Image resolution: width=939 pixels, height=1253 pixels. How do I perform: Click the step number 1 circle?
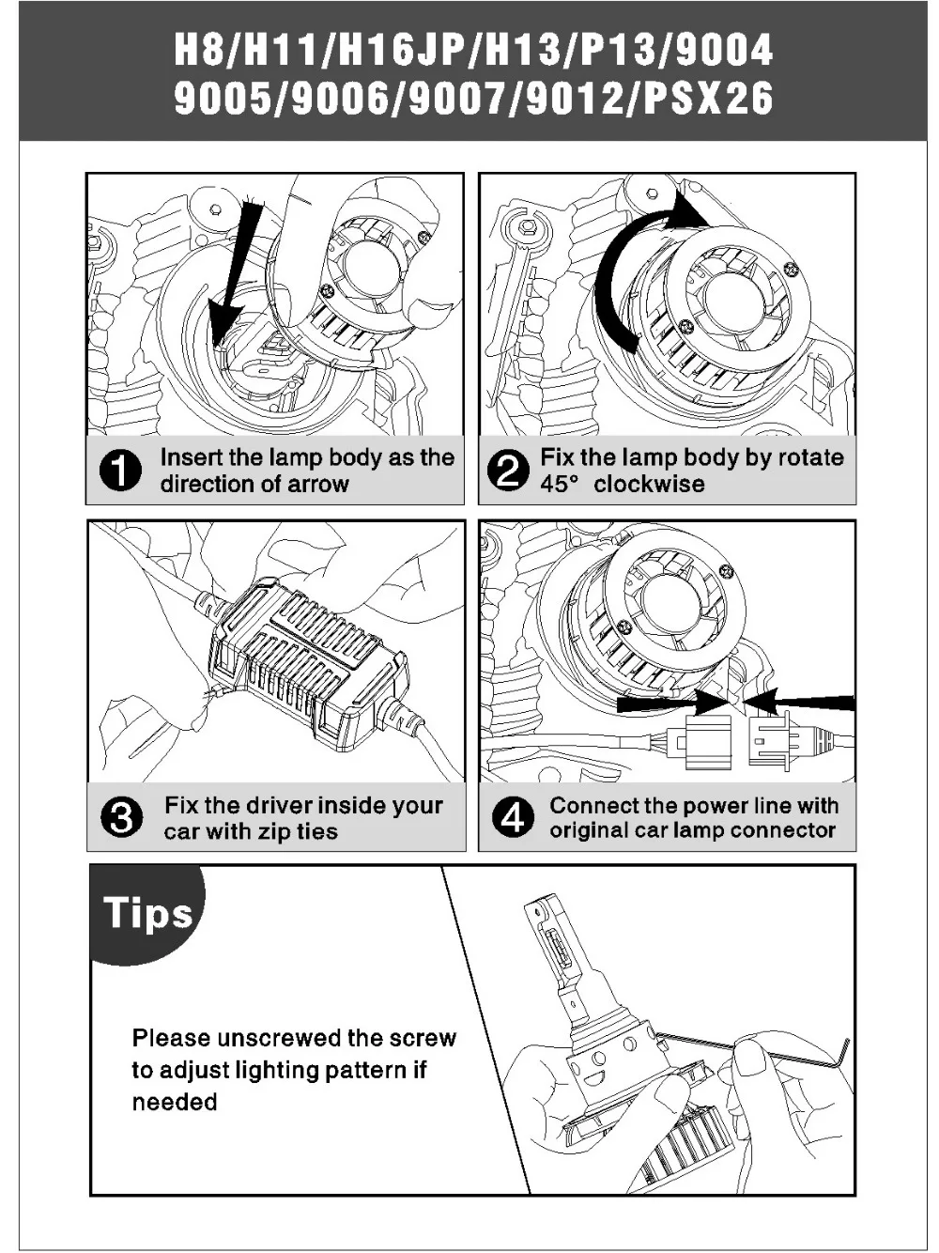[x=120, y=472]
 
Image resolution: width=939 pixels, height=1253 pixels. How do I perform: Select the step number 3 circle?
[x=121, y=818]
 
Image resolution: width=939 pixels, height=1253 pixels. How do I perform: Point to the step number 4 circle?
[x=513, y=818]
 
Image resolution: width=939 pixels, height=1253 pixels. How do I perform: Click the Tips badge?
[x=147, y=913]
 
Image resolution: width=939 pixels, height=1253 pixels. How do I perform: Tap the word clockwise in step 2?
[x=649, y=484]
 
